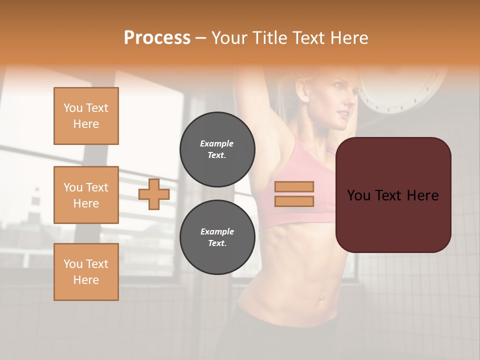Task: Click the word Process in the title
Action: [x=157, y=38]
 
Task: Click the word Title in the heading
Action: [x=269, y=38]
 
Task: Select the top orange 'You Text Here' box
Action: [x=86, y=116]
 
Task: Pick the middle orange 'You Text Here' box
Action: [x=86, y=195]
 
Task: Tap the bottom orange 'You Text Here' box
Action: [x=86, y=272]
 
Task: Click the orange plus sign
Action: [x=154, y=194]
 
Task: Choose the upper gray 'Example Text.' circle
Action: [x=217, y=149]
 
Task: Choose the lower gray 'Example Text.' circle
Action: [x=217, y=237]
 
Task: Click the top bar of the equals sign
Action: [x=294, y=187]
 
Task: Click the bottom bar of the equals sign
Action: [x=294, y=201]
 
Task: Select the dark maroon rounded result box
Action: [x=393, y=220]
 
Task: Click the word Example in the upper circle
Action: [x=217, y=143]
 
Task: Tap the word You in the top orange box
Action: [x=73, y=108]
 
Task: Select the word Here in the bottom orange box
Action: [x=86, y=280]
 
